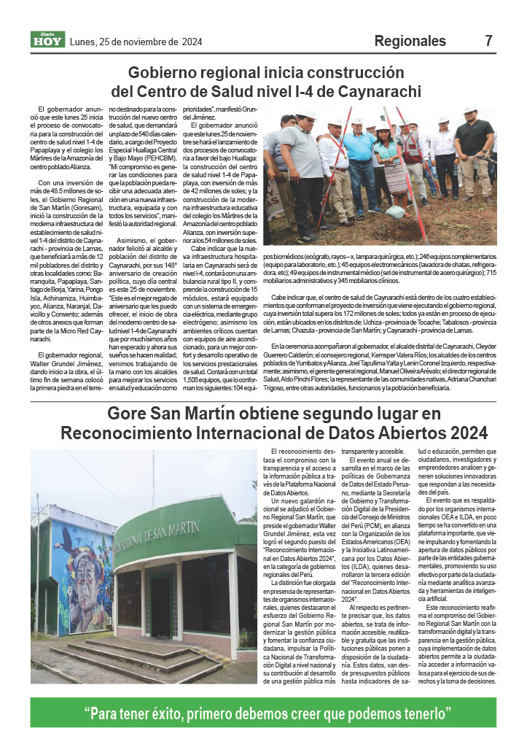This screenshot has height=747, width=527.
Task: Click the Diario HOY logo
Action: (x=47, y=40)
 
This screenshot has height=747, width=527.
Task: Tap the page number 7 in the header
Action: (x=489, y=42)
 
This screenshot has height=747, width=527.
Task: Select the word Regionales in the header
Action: (x=411, y=42)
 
